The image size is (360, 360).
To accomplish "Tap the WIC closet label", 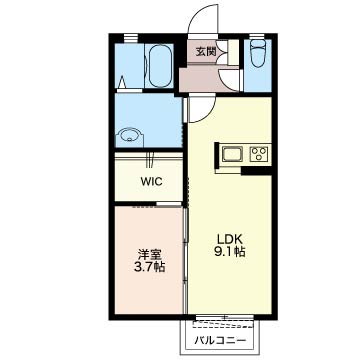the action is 151,182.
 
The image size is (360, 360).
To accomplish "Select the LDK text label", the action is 230,239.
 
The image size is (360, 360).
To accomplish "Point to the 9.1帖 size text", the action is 230,252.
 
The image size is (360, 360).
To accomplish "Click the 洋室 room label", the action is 150,255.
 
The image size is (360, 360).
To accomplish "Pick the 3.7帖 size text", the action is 150,268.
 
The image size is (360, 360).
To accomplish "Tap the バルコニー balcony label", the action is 220,340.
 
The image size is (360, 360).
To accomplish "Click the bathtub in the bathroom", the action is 160,66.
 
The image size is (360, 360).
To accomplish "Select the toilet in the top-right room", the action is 258,53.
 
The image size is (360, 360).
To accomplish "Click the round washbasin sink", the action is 130,137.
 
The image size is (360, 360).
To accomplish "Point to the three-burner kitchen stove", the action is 260,154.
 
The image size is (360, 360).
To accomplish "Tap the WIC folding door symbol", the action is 150,159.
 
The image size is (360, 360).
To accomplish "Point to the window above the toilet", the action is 255,37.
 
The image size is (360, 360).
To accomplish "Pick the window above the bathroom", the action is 131,38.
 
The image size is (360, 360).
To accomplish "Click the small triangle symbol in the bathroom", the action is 122,81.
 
